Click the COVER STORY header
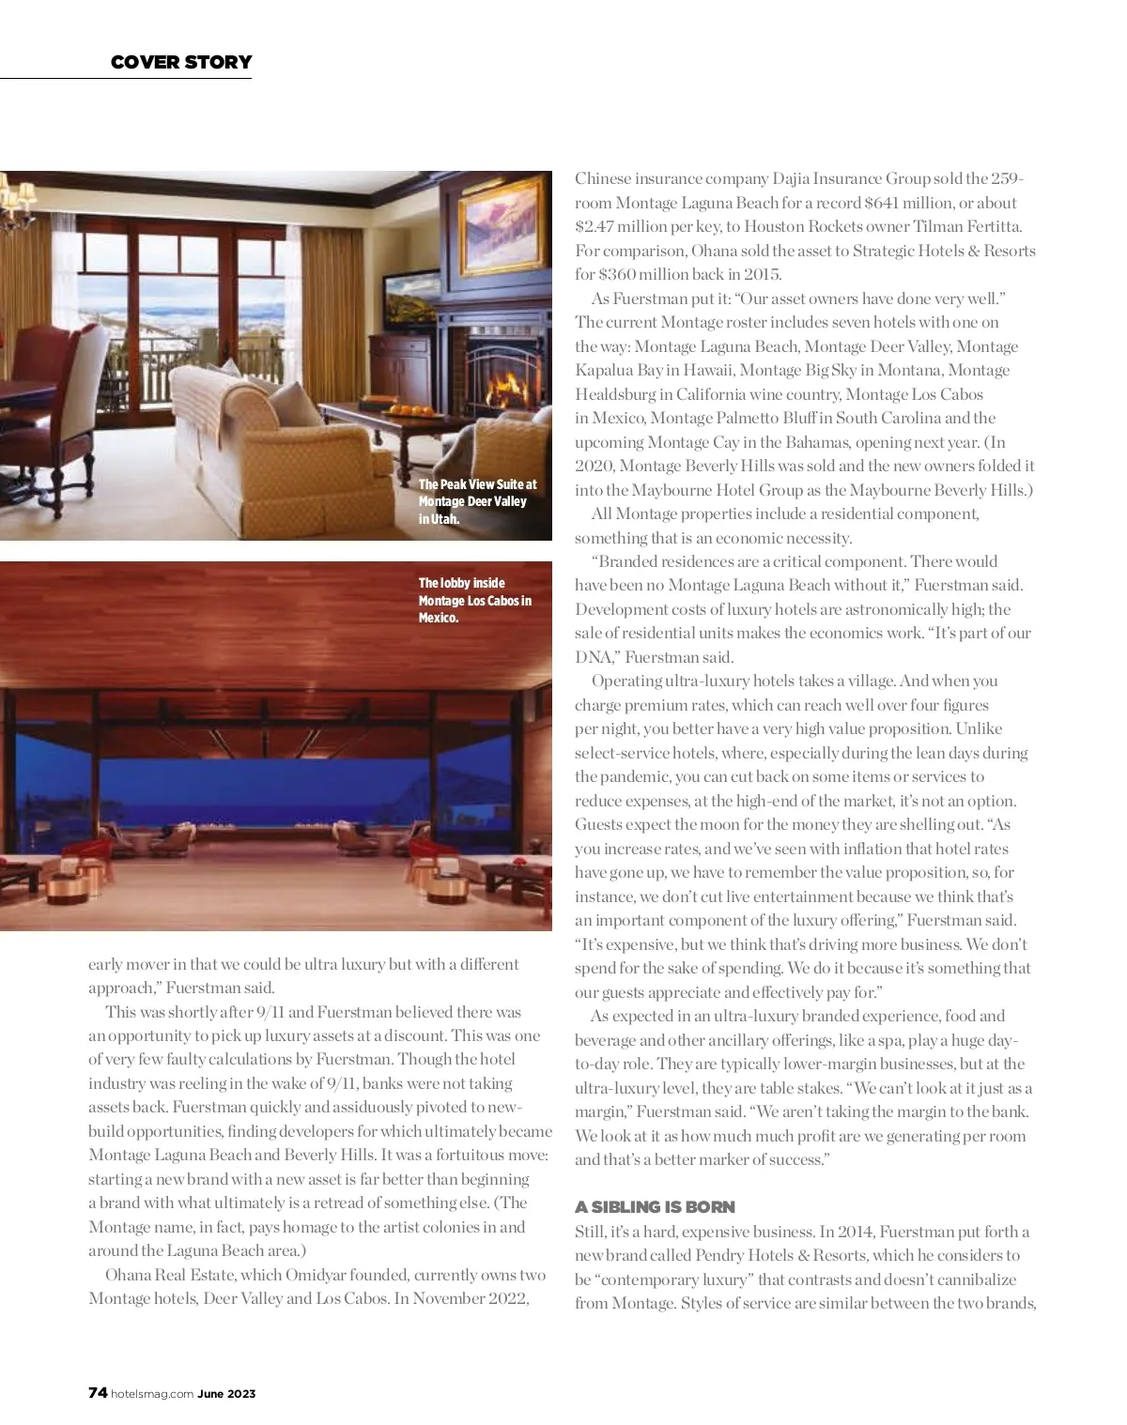(181, 62)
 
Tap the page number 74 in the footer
(98, 1393)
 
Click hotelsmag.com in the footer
(152, 1394)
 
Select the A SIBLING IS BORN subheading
(655, 1207)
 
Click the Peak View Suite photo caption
(477, 501)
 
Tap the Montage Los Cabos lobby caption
(474, 600)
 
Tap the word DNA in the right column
(594, 657)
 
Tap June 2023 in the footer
(226, 1394)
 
